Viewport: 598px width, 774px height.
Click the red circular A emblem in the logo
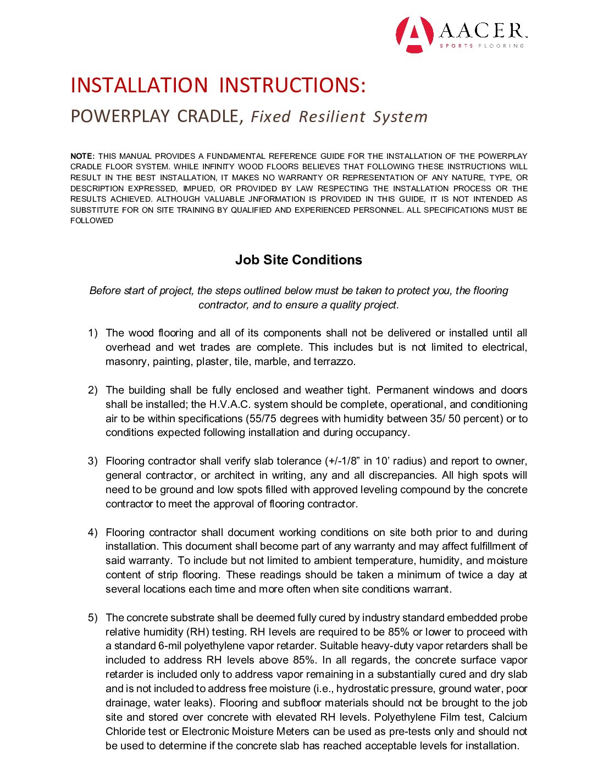414,35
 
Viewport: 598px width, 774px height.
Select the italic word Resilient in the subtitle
332,117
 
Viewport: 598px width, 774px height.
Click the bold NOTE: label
82,156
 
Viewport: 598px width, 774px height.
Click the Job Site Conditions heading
298,260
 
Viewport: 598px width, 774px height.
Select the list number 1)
93,333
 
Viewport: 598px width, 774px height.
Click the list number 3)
93,461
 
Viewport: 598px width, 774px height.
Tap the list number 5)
93,618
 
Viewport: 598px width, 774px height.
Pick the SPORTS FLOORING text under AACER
481,46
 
